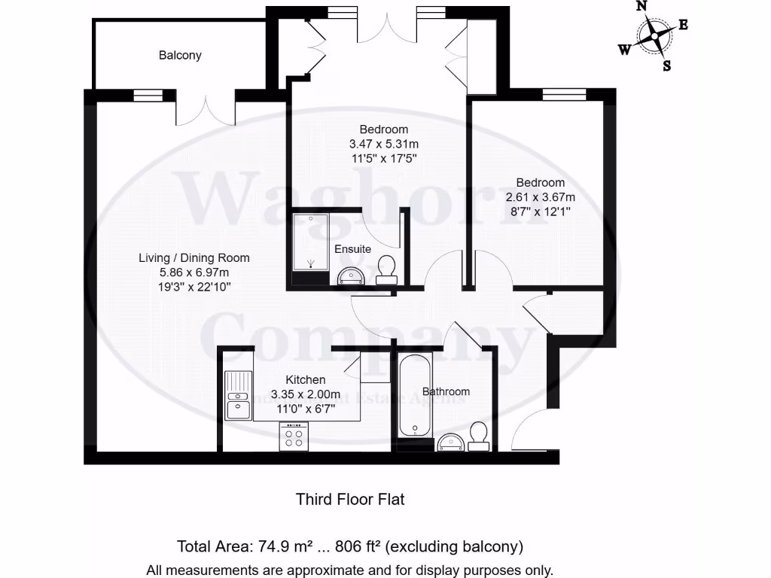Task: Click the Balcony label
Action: pyautogui.click(x=180, y=56)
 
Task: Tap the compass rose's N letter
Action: pyautogui.click(x=641, y=6)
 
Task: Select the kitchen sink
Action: pyautogui.click(x=238, y=396)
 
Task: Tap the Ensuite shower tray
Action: pyautogui.click(x=310, y=241)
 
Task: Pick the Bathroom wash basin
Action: pyautogui.click(x=452, y=442)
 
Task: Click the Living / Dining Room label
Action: pyautogui.click(x=194, y=258)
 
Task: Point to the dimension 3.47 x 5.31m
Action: pyautogui.click(x=383, y=144)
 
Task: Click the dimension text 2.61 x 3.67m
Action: pyautogui.click(x=540, y=197)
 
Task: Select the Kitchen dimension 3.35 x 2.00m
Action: pyautogui.click(x=305, y=394)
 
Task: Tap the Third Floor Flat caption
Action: pyautogui.click(x=350, y=499)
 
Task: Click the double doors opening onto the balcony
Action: pyautogui.click(x=206, y=109)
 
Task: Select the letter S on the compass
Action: pyautogui.click(x=666, y=65)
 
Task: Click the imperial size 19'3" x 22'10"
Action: pyautogui.click(x=194, y=287)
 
